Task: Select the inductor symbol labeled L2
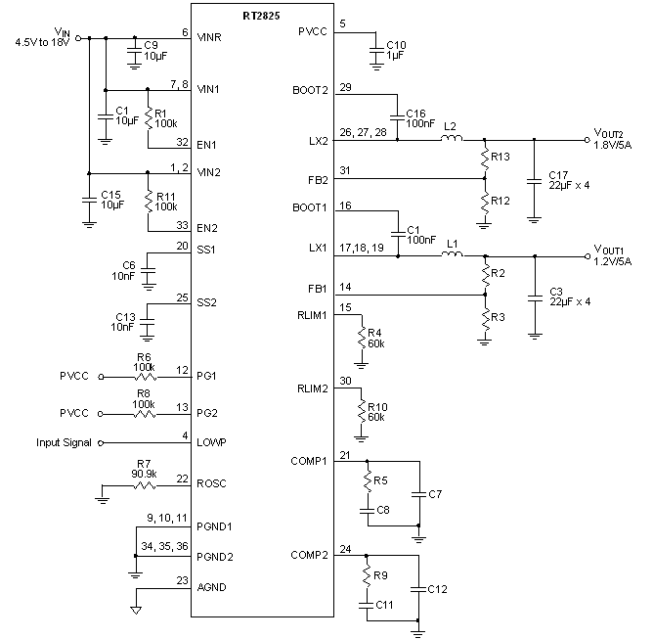click(x=451, y=139)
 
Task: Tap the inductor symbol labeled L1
click(x=453, y=255)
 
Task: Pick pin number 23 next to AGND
click(x=182, y=580)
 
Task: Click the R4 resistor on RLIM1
click(x=363, y=336)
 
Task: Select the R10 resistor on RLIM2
click(x=363, y=410)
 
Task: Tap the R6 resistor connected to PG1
click(x=144, y=374)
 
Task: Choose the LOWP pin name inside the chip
click(x=211, y=442)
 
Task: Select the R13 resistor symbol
click(x=484, y=158)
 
